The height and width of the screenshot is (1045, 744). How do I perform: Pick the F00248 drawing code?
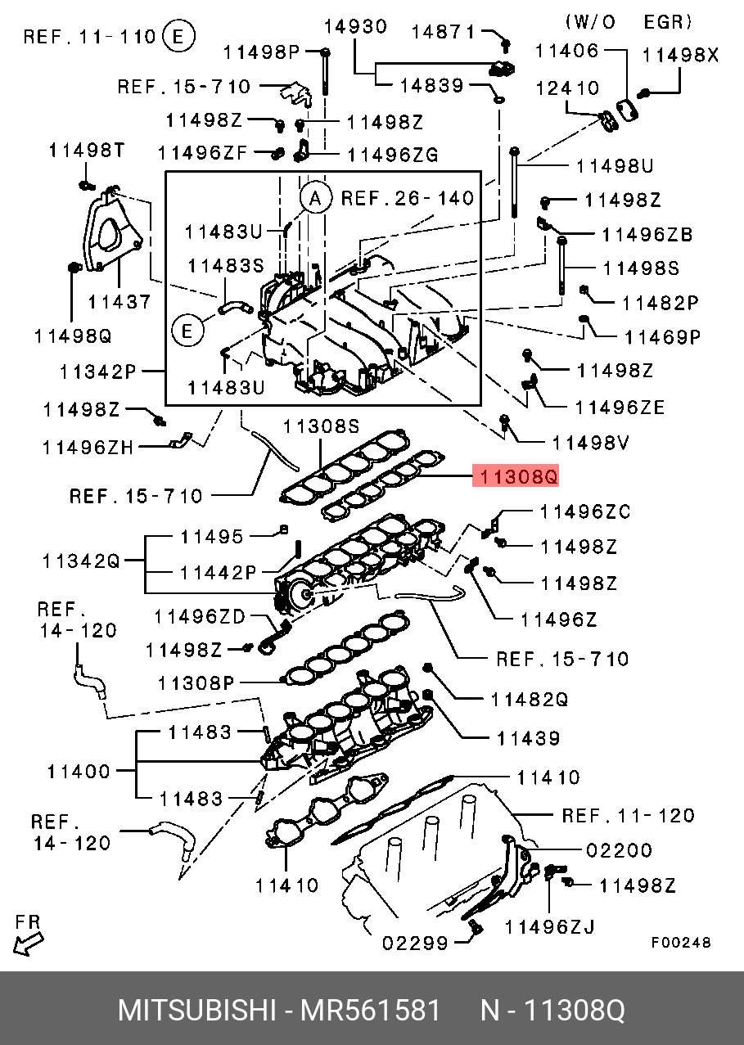(681, 943)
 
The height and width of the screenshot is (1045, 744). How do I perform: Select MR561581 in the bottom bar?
(371, 1011)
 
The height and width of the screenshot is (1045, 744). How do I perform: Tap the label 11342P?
(97, 372)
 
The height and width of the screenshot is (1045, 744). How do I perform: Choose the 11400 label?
(79, 771)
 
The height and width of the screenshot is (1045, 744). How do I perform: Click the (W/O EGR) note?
(629, 21)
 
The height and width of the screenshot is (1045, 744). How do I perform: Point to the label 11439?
(529, 739)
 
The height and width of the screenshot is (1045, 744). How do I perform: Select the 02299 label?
(416, 944)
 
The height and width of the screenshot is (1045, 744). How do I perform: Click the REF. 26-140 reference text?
(407, 198)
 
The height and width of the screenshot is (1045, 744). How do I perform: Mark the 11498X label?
(681, 56)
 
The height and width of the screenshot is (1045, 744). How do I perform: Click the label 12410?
(568, 88)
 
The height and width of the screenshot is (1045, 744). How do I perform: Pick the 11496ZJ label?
(549, 926)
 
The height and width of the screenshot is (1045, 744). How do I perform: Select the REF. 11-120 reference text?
(628, 815)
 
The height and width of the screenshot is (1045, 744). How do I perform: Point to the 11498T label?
(86, 150)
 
